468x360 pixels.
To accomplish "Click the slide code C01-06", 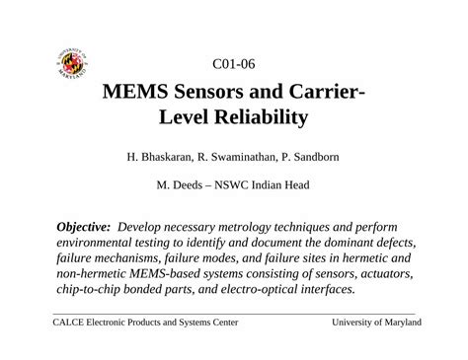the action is (x=234, y=66).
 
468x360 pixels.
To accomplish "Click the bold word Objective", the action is (x=83, y=226).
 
